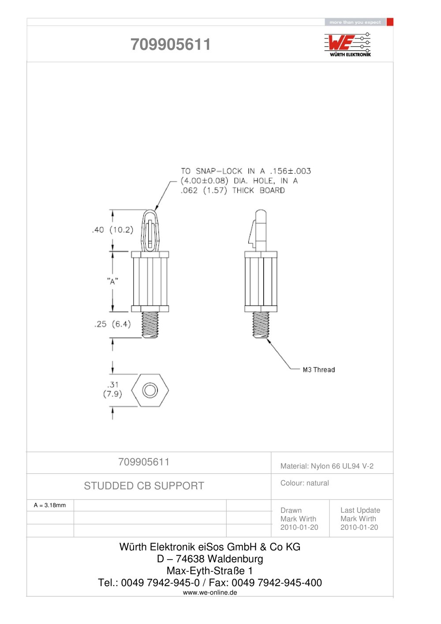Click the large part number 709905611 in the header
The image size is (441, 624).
coord(171,44)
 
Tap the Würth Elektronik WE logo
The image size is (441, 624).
coord(348,45)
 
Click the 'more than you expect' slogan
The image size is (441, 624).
coord(355,22)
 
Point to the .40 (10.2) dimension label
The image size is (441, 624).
coord(113,230)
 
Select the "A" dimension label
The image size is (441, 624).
coord(112,281)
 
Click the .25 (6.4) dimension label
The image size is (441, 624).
coord(112,324)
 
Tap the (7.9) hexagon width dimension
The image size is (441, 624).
coord(112,394)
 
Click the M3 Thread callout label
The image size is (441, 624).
coord(318,370)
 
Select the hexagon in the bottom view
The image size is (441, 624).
coord(150,390)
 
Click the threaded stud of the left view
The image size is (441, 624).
coord(150,325)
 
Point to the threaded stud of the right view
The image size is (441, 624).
coord(261,325)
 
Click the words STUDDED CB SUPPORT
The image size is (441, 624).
coord(144,485)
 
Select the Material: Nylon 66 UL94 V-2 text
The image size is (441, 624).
coord(327,466)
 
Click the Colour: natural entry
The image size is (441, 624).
coord(305,483)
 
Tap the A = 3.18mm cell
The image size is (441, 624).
coord(50,505)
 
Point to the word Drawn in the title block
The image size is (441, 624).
coord(291,510)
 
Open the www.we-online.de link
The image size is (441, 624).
coord(210,593)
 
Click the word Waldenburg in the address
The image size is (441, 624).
coord(235,559)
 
